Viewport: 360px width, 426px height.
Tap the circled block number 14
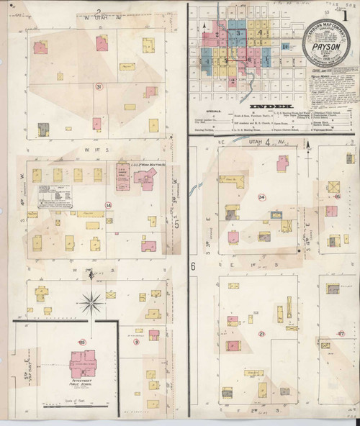tap(109, 205)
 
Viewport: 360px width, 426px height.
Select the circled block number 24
tap(261, 197)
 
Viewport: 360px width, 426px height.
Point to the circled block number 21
tap(262, 334)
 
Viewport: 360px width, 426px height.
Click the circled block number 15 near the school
tap(82, 342)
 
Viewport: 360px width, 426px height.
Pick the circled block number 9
tap(136, 342)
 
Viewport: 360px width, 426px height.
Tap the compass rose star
tap(91, 302)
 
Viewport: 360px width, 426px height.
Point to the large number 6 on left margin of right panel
tap(194, 266)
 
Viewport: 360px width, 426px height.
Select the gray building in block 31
tap(43, 130)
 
